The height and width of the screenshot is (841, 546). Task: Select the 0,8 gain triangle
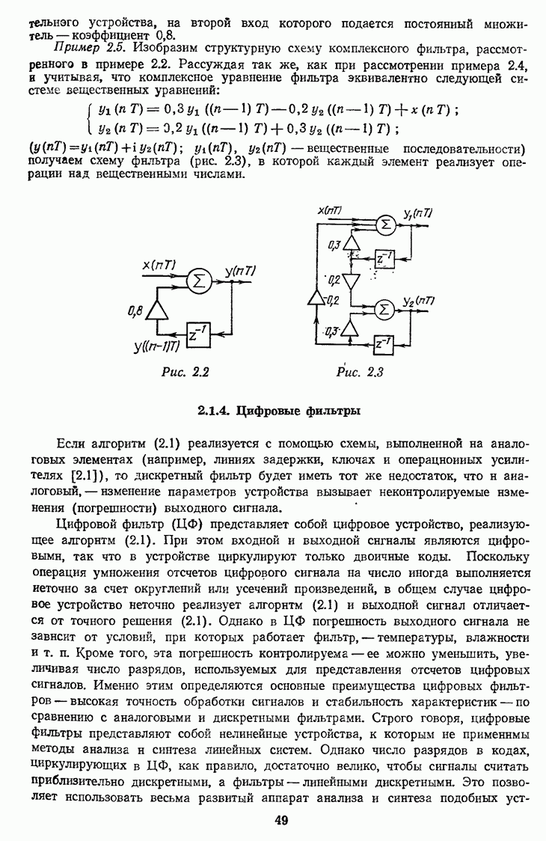pyautogui.click(x=157, y=310)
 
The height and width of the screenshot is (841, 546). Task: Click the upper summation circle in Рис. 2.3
pyautogui.click(x=384, y=224)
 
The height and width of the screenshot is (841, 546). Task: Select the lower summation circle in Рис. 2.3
pyautogui.click(x=384, y=308)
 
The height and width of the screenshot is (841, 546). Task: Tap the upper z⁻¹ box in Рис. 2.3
pyautogui.click(x=386, y=257)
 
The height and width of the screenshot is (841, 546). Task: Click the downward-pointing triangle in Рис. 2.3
pyautogui.click(x=352, y=281)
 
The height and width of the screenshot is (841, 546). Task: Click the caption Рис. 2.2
pyautogui.click(x=184, y=372)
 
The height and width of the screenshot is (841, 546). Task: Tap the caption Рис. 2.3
pyautogui.click(x=360, y=373)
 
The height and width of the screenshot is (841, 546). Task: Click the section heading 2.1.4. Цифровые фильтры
pyautogui.click(x=279, y=410)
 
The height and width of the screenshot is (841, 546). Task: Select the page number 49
pyautogui.click(x=281, y=820)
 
